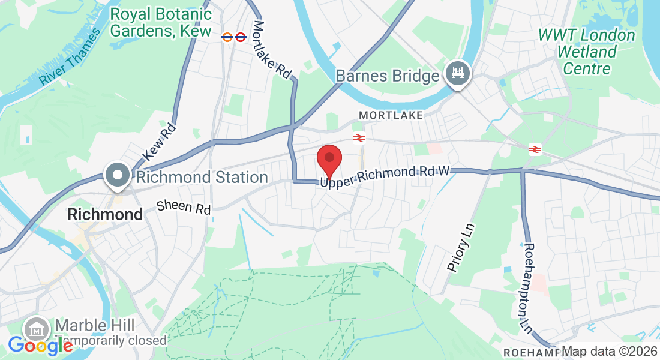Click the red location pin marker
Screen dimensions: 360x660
[329, 159]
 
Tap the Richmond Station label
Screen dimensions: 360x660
[202, 178]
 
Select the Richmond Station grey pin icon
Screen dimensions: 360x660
[118, 175]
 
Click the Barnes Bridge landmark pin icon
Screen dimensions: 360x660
[458, 74]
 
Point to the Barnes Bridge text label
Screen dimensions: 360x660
[388, 76]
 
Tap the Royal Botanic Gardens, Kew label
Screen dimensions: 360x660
[161, 22]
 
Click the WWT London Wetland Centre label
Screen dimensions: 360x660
[586, 52]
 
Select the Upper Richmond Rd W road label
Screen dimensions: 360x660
[385, 176]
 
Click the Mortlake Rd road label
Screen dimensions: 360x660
[272, 50]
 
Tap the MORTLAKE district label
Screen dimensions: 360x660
[391, 115]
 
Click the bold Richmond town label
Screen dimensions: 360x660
[105, 214]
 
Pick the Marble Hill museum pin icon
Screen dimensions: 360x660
[37, 329]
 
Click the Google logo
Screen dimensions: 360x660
[40, 346]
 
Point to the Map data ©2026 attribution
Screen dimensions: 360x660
[609, 352]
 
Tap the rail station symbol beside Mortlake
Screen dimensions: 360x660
[359, 138]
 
